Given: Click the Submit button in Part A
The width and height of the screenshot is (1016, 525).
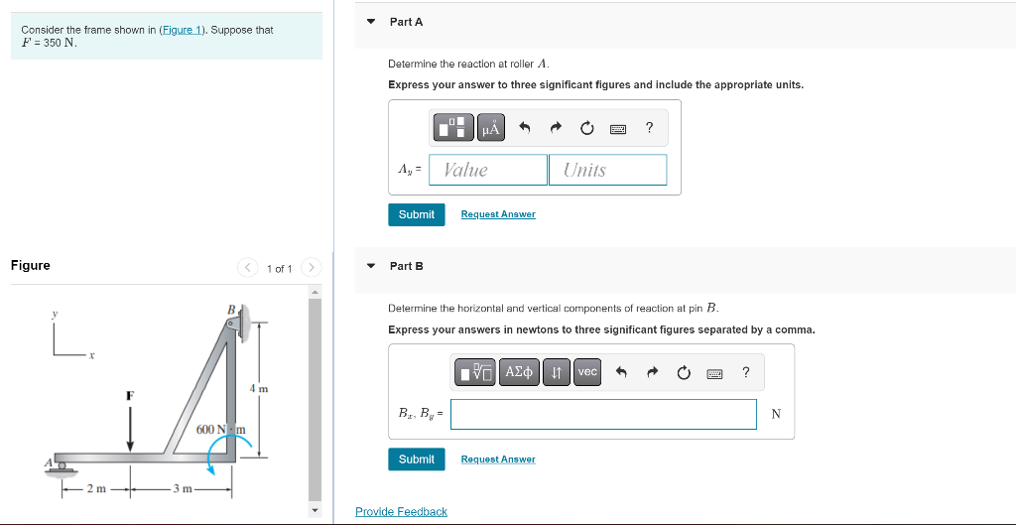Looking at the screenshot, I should point(416,214).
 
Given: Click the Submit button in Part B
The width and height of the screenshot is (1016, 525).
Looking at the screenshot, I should point(416,459).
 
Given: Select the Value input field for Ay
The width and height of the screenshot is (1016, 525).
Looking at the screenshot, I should point(488,170).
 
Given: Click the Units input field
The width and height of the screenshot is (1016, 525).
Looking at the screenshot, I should point(607,170).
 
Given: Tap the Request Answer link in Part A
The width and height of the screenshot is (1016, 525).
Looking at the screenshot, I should point(498,214).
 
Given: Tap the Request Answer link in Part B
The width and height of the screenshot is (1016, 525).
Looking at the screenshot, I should point(498,459).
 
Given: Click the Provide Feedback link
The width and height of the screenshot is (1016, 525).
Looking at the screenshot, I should point(401,512).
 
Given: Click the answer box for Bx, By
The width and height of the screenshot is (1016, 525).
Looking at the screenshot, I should point(603,414).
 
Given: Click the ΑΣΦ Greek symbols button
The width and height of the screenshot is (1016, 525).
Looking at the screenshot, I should point(519,372).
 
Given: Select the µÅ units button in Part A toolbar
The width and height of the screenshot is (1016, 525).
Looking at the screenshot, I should point(490,128).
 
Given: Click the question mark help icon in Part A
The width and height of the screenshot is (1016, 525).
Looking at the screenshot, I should point(649,127).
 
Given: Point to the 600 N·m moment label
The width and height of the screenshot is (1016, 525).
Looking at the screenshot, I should point(219,429).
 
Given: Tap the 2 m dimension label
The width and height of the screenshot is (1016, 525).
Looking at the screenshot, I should point(95,488).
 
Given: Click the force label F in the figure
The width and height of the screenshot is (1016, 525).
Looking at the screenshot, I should point(129,395).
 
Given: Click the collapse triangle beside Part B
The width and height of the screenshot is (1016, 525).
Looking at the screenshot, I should point(371,266).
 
